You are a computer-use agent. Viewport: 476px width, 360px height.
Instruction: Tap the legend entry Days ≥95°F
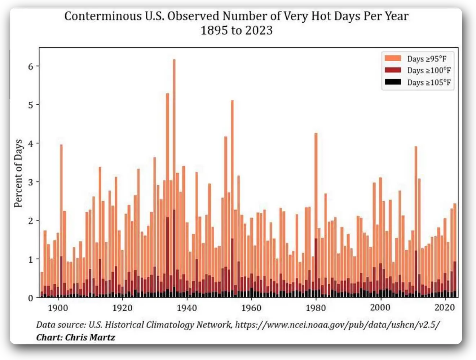pyautogui.click(x=427, y=59)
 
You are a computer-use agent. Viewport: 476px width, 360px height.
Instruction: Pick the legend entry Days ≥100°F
pyautogui.click(x=429, y=70)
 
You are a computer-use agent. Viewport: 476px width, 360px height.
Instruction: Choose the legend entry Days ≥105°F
pyautogui.click(x=429, y=82)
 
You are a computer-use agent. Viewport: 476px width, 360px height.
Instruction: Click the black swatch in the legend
pyautogui.click(x=393, y=82)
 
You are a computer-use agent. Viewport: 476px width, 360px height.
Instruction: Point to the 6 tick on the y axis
pyautogui.click(x=31, y=66)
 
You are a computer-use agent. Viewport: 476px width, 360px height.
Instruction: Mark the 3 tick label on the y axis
pyautogui.click(x=31, y=182)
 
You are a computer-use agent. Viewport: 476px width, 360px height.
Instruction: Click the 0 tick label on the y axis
pyautogui.click(x=31, y=298)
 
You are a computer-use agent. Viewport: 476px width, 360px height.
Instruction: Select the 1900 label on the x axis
pyautogui.click(x=58, y=308)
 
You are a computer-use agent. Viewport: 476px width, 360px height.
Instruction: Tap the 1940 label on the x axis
pyautogui.click(x=187, y=308)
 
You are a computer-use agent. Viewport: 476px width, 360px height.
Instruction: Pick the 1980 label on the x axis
pyautogui.click(x=316, y=308)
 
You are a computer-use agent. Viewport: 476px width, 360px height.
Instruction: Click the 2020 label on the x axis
pyautogui.click(x=445, y=307)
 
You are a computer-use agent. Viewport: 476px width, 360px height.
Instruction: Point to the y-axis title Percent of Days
pyautogui.click(x=18, y=173)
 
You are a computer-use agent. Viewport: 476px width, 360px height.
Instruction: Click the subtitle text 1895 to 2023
pyautogui.click(x=237, y=30)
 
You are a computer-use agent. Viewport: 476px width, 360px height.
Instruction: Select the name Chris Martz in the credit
pyautogui.click(x=90, y=337)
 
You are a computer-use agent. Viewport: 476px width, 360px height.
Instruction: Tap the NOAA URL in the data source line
pyautogui.click(x=338, y=325)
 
